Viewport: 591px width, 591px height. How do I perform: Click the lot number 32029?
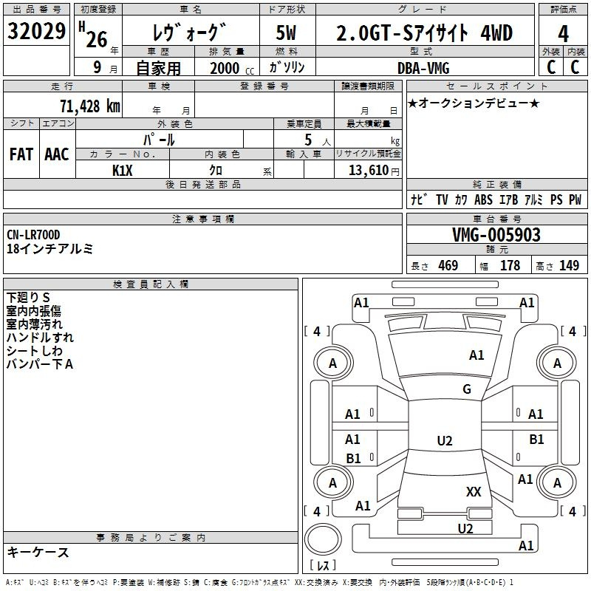pos(36,31)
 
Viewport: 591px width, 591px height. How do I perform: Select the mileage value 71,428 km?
pos(90,106)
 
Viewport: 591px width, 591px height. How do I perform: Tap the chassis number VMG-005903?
pos(496,235)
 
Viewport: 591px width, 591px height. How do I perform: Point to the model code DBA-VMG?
pos(423,68)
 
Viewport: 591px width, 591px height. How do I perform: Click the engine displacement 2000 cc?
pos(232,68)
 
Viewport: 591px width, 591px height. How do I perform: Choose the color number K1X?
pos(123,171)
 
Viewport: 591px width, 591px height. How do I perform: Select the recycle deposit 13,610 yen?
pos(374,171)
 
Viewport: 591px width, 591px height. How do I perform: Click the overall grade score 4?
pos(563,33)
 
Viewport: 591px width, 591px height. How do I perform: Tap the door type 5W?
pos(286,33)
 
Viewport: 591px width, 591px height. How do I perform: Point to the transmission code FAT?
pos(21,154)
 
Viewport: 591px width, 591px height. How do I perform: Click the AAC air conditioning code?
pos(57,154)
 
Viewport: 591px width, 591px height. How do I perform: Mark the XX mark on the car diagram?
pos(474,491)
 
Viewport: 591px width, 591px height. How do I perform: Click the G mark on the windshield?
pos(467,389)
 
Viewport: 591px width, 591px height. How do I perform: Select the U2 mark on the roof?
pos(445,440)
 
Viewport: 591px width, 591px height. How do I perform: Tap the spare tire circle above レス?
pos(323,539)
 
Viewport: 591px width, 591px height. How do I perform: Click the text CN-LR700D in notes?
pos(33,235)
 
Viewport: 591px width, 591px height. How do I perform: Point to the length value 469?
pos(448,265)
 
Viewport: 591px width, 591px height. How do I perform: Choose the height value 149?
pos(569,265)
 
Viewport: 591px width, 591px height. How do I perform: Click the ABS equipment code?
pos(484,199)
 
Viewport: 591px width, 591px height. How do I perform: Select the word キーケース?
pos(38,553)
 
